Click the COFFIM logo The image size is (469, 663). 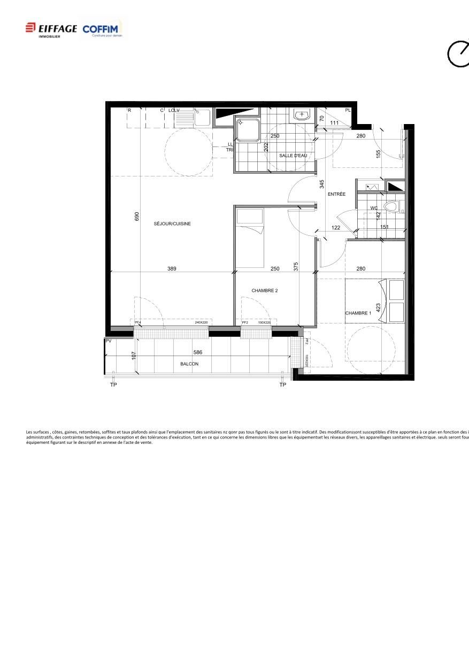tap(102, 29)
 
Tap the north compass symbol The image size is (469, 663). tap(458, 54)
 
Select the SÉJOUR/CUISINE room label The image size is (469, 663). tap(172, 224)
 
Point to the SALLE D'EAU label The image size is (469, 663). tap(293, 156)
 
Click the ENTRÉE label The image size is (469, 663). tap(336, 194)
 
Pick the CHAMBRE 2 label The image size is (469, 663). tap(265, 291)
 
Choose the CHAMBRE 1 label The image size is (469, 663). tap(358, 313)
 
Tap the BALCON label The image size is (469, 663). tap(189, 364)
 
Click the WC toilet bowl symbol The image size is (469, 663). tap(392, 207)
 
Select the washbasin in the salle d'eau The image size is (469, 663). tap(302, 114)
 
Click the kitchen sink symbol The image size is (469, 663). tap(203, 117)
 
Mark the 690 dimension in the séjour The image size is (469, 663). tap(137, 217)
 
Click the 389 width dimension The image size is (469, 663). tap(172, 269)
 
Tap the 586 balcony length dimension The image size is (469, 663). tap(198, 353)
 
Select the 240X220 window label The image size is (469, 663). tap(201, 323)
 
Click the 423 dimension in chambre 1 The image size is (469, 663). tap(378, 308)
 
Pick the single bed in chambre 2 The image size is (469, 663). tap(250, 238)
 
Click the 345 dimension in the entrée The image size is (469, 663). tap(322, 184)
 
